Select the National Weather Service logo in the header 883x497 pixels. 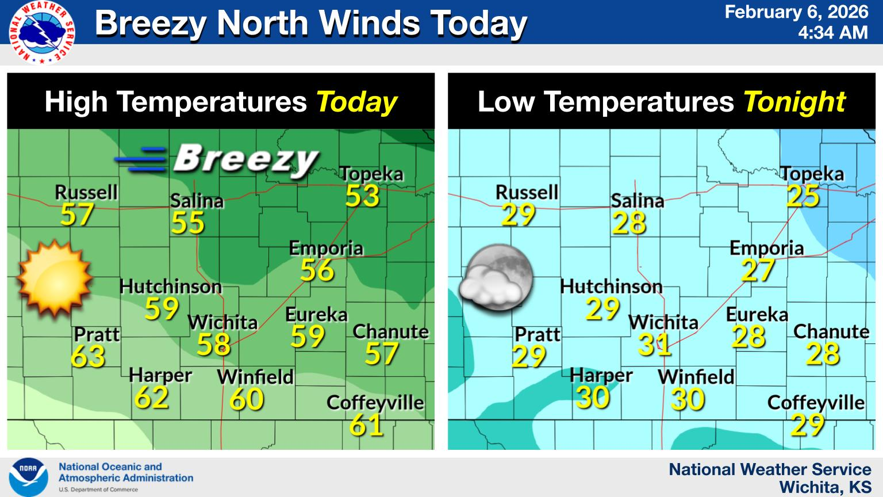click(41, 31)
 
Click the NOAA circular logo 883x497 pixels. click(28, 477)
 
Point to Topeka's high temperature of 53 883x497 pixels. click(363, 196)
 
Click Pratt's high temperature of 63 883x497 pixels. click(89, 357)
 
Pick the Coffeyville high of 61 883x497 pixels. click(367, 425)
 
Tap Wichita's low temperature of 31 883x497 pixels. click(655, 345)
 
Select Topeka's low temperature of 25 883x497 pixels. click(803, 196)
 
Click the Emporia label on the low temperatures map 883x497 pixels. click(766, 248)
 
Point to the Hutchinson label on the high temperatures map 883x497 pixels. click(171, 286)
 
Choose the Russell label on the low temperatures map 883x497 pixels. click(527, 192)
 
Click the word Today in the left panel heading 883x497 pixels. click(356, 102)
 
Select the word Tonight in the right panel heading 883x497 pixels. click(794, 102)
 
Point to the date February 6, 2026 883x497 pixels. click(796, 12)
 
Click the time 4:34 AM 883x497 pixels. click(833, 32)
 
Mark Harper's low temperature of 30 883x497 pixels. click(592, 397)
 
